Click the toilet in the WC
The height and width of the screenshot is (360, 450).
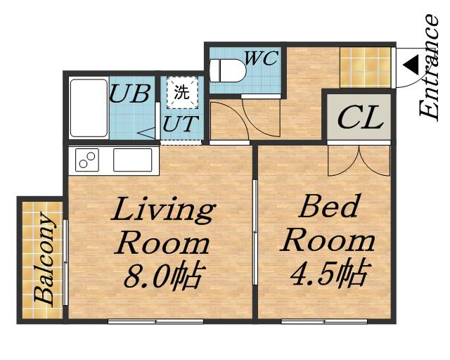tap(228, 70)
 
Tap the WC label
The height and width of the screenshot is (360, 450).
tap(262, 58)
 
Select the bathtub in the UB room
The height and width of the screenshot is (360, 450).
tap(89, 108)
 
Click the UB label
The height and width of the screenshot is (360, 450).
tap(130, 94)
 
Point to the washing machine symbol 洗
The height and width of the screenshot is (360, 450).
tap(183, 92)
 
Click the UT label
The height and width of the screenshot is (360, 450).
tap(181, 124)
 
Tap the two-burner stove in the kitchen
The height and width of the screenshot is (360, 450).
tap(87, 160)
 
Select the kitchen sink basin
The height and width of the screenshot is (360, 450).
tap(133, 160)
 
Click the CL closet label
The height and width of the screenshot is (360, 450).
tap(361, 117)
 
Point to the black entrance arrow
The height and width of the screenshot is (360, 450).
tap(411, 65)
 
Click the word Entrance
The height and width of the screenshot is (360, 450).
tap(429, 66)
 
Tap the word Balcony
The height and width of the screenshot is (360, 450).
tap(44, 258)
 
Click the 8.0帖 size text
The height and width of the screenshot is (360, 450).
tap(165, 276)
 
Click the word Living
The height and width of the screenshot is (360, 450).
tap(163, 210)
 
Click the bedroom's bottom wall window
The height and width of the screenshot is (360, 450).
tap(324, 321)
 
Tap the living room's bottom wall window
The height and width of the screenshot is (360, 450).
tap(156, 321)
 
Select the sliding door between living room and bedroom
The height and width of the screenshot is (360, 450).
tap(255, 232)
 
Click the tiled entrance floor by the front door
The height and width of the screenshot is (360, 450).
tap(366, 67)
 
